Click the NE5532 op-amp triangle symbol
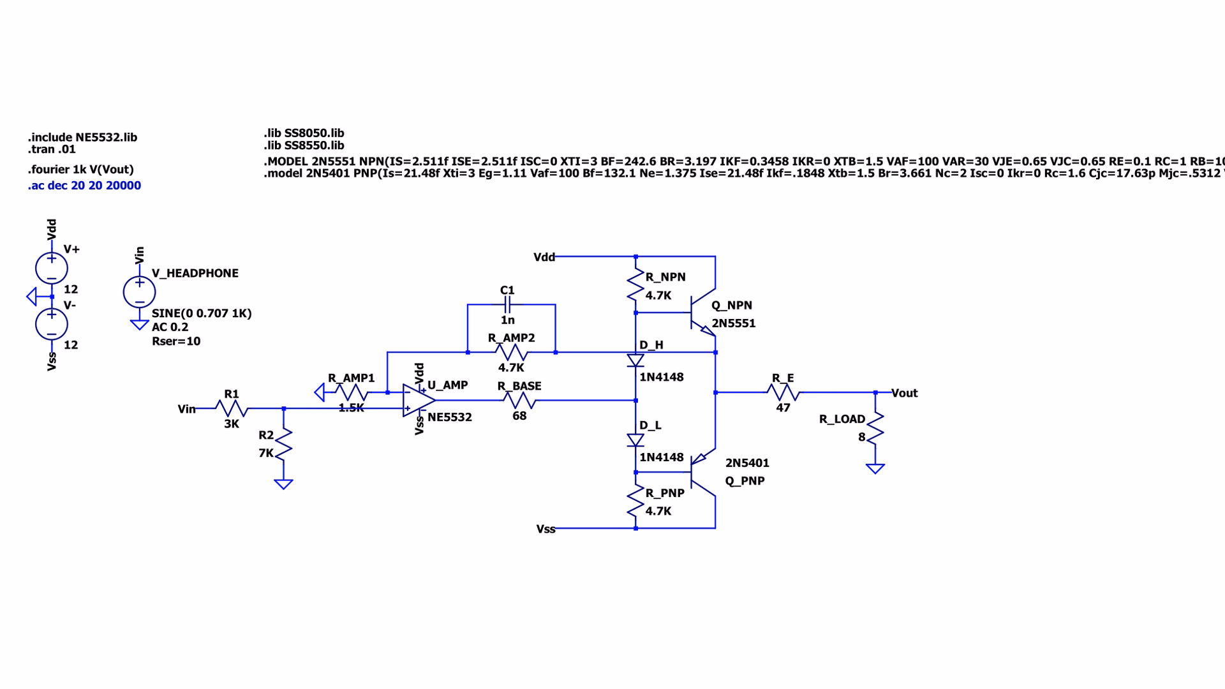419,400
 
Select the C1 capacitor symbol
507,305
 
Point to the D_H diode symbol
635,360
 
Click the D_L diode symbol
635,440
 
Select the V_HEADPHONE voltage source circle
139,292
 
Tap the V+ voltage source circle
52,268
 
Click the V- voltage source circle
52,324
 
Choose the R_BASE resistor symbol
520,401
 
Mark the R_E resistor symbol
783,392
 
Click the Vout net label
904,393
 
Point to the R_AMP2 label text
511,337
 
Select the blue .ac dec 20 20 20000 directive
84,186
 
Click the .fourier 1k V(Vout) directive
80,170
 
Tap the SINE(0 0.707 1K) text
202,313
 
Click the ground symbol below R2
283,484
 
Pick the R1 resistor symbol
231,408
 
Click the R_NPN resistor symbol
635,285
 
